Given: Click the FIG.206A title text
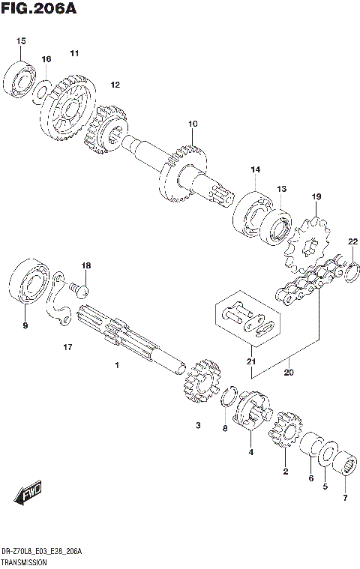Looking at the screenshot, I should pyautogui.click(x=37, y=8).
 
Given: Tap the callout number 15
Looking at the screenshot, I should pyautogui.click(x=20, y=40).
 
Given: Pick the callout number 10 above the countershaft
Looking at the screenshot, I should pyautogui.click(x=193, y=123).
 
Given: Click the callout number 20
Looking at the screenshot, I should pyautogui.click(x=289, y=372).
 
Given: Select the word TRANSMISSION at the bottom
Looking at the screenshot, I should pyautogui.click(x=25, y=561).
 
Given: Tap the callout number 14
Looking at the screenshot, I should pyautogui.click(x=255, y=170).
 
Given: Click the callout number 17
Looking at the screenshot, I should pyautogui.click(x=67, y=347).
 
